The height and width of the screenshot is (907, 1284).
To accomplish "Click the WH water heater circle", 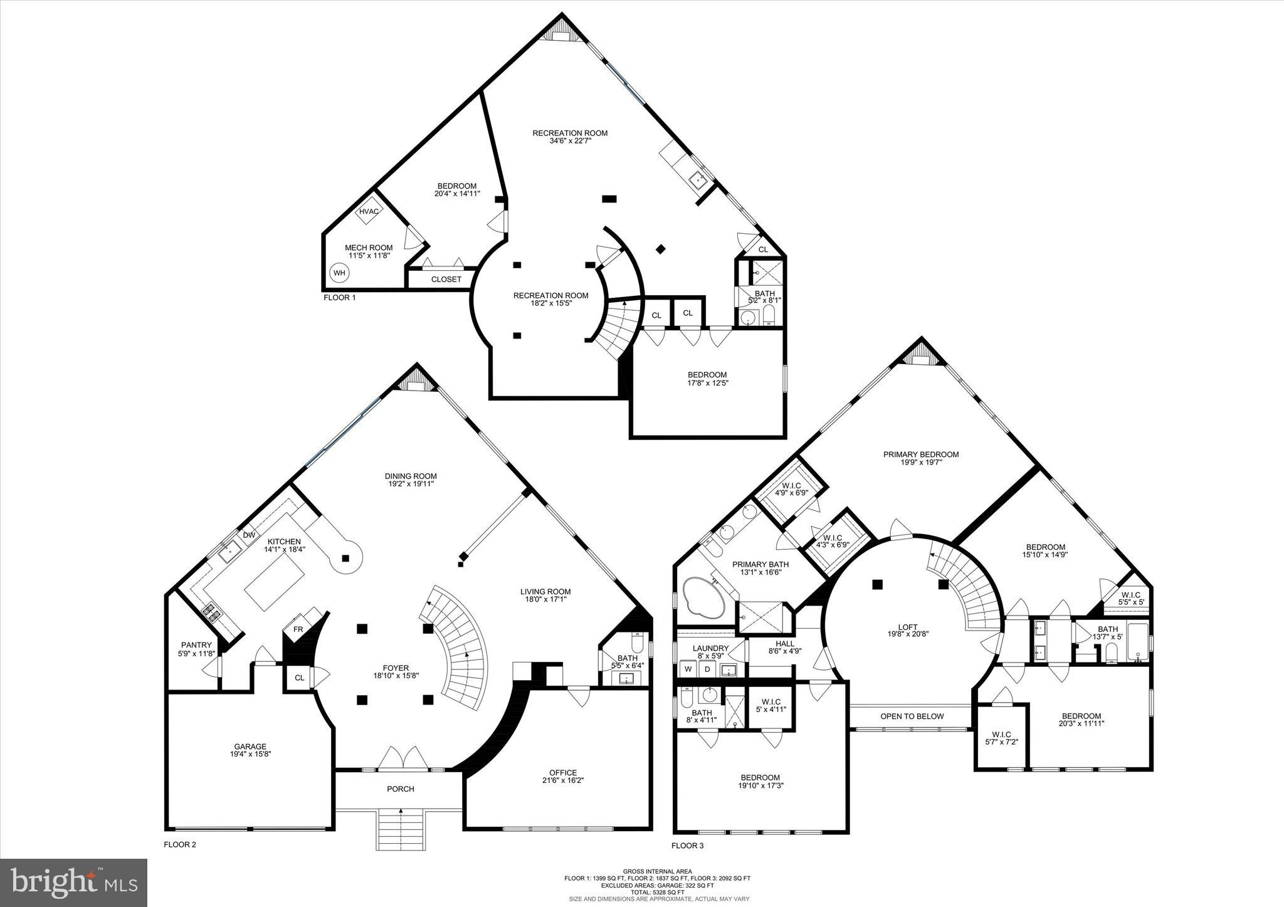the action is click(x=339, y=273).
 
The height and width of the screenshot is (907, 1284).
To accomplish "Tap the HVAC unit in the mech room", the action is click(x=369, y=211).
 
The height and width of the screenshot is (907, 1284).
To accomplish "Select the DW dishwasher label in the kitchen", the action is click(x=249, y=535).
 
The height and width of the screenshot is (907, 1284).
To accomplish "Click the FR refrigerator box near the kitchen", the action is click(x=298, y=629).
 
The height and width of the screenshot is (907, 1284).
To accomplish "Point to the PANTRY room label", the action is click(x=196, y=645).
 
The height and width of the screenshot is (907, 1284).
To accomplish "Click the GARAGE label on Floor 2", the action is click(x=250, y=747).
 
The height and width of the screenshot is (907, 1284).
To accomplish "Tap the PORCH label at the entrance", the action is click(x=401, y=789).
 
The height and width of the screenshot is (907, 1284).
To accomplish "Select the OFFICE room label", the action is click(x=563, y=773).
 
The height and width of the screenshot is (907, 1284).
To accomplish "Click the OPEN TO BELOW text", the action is click(x=912, y=716).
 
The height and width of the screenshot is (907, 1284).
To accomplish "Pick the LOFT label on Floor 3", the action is click(x=908, y=626).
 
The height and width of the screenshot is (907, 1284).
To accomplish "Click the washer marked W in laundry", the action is click(x=688, y=669).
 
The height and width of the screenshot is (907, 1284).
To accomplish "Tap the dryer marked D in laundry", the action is click(x=707, y=669).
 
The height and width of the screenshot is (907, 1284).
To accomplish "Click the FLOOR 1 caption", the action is click(x=339, y=298).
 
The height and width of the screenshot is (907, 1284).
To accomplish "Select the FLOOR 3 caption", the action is click(x=688, y=846).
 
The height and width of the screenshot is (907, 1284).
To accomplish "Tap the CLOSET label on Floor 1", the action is click(x=446, y=280).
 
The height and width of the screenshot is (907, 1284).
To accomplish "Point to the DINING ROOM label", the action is click(x=411, y=476).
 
